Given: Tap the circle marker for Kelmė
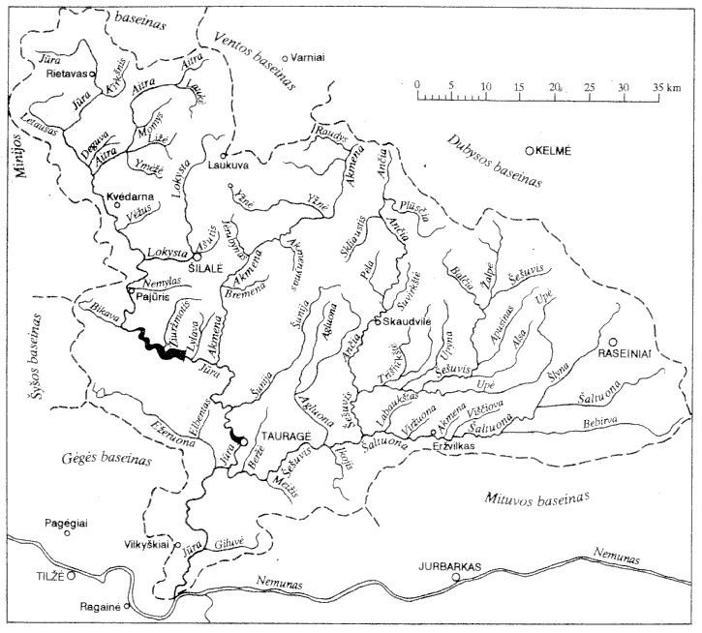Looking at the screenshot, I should [530, 150].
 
